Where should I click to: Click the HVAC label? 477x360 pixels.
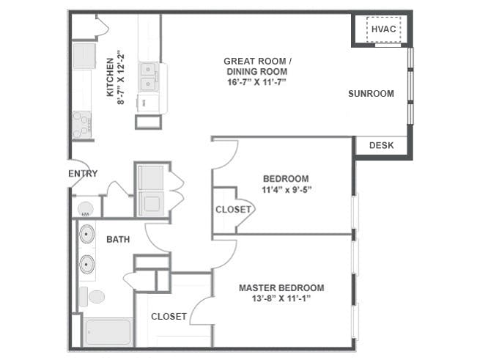384,29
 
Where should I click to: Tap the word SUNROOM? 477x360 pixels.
371,93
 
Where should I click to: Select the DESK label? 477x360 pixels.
382,145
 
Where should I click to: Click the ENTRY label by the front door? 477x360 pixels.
83,174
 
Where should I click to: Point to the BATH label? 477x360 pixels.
118,240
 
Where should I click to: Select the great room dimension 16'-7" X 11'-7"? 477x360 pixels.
257,82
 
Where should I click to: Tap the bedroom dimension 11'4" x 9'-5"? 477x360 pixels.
287,190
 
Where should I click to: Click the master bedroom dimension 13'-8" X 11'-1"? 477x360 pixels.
281,298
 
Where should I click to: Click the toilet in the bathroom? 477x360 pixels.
92,297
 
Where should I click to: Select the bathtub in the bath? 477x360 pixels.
108,331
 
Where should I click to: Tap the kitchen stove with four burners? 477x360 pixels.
82,125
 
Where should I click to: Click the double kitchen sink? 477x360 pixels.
149,77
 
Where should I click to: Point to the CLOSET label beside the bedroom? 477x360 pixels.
233,210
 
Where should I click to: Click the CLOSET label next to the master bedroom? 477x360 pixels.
169,317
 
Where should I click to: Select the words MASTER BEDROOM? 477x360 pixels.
281,288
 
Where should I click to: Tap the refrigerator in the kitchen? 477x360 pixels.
84,56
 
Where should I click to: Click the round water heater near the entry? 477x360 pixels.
86,209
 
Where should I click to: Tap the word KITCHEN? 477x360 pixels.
110,77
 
